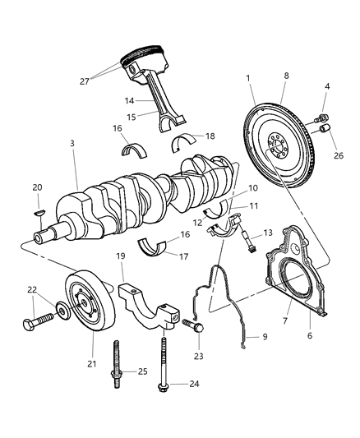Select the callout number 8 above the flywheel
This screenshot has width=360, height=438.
point(286,76)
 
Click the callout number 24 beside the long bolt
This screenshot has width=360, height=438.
point(194,383)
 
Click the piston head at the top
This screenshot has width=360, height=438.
point(140,58)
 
